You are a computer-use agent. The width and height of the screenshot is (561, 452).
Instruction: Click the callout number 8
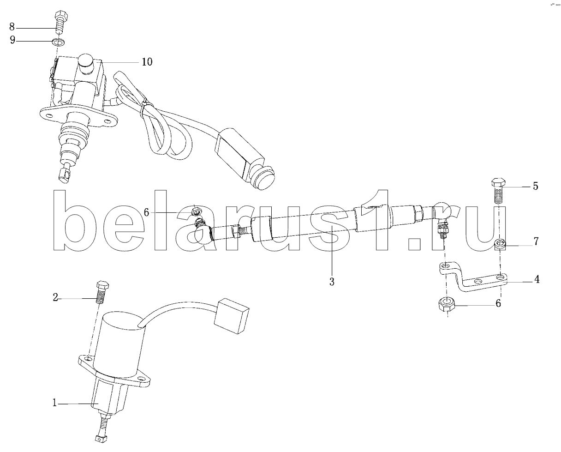click(x=12, y=27)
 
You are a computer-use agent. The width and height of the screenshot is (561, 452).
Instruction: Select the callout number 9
click(x=12, y=40)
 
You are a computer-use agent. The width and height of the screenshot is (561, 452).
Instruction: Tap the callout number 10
click(x=147, y=62)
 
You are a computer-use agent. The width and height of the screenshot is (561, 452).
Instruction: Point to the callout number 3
click(x=332, y=282)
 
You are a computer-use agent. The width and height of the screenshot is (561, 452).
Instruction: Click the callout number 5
click(x=535, y=186)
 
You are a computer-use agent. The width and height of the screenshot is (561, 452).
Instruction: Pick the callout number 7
click(x=536, y=241)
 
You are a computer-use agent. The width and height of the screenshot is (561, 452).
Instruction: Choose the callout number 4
click(x=537, y=279)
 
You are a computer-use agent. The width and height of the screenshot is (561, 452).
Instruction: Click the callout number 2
click(x=55, y=297)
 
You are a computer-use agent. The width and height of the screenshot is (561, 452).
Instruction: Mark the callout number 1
click(x=54, y=403)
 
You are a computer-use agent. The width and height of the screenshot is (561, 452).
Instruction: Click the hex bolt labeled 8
click(x=61, y=21)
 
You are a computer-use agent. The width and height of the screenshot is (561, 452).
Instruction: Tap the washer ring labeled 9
click(x=59, y=42)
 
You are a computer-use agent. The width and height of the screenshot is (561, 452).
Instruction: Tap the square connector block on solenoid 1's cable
click(x=231, y=316)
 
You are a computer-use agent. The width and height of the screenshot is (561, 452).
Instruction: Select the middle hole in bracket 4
click(x=478, y=282)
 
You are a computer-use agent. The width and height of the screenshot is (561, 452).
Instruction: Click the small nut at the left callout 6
click(x=196, y=211)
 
